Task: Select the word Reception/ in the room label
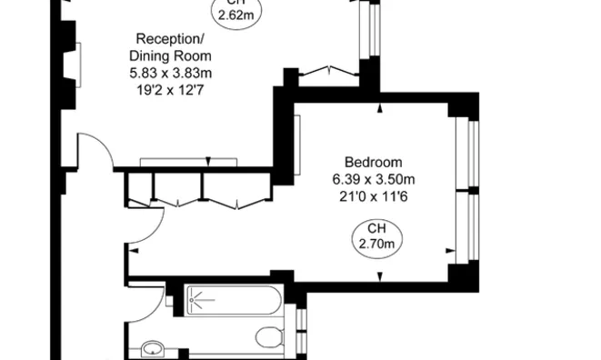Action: tap(170, 38)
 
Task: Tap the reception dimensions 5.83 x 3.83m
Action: tap(170, 73)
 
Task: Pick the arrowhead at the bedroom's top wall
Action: tap(379, 109)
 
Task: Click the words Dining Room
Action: tap(170, 55)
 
